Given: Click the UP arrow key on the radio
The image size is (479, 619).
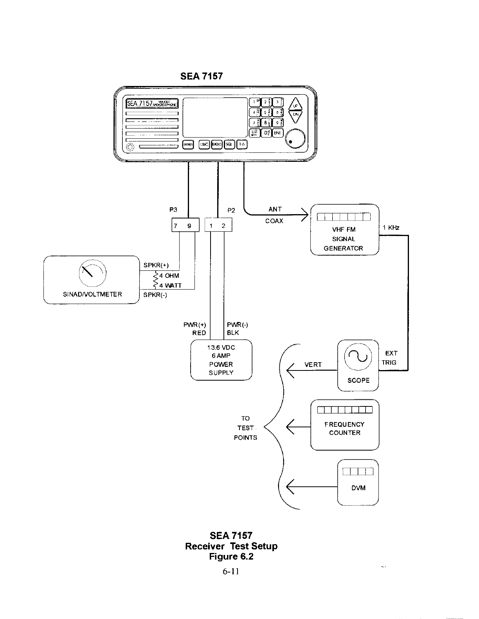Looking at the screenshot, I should [x=296, y=105].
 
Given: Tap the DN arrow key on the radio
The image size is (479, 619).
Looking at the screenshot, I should [x=296, y=115].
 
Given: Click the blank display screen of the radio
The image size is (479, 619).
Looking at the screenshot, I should [x=215, y=117].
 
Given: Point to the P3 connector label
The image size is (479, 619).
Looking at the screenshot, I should [x=173, y=210].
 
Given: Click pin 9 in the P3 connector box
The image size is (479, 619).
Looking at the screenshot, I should [x=189, y=225].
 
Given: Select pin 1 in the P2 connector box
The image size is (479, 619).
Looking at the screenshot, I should [x=211, y=225].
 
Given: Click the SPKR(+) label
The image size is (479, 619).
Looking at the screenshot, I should [x=156, y=265].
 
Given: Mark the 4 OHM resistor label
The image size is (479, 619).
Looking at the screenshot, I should [x=169, y=276].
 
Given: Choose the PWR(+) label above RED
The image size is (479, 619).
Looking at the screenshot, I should [x=194, y=325].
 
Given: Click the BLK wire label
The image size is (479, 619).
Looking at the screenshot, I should [x=233, y=333].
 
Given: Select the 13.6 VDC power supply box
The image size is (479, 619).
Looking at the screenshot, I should [x=221, y=360].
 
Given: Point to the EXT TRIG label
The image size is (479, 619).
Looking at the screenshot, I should [x=390, y=358].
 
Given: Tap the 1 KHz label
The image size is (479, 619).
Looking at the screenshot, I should [x=391, y=227].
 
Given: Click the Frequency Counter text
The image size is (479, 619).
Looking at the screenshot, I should [x=344, y=428].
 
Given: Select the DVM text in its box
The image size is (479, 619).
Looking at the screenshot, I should [x=358, y=488].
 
